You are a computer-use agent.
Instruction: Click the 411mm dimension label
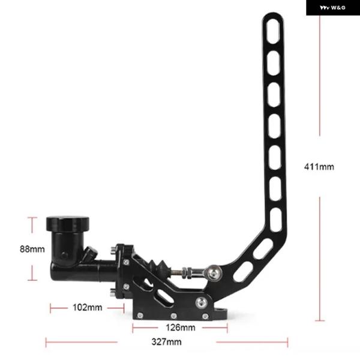pos(319,167)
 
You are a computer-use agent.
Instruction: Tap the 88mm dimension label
pos(32,249)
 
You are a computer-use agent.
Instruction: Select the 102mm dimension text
pos(87,307)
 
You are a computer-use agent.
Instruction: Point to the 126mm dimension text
pos(181,328)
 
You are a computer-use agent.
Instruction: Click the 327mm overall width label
pos(166,342)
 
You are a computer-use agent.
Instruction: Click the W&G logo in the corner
pos(332,8)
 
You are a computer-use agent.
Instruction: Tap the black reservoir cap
pos(67,223)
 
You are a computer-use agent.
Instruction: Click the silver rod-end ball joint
pos(213,272)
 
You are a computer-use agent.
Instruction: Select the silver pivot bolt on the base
pos(202,303)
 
